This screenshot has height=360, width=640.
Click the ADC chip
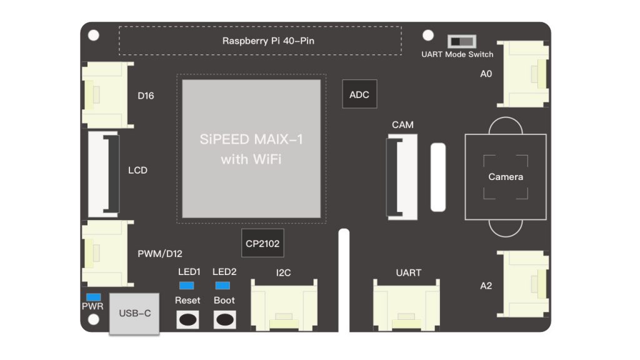[x=359, y=95]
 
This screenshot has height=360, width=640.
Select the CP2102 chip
[x=262, y=244]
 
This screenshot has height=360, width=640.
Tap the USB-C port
[x=134, y=312]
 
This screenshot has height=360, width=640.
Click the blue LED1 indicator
[x=186, y=286]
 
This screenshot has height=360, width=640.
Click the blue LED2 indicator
[x=222, y=286]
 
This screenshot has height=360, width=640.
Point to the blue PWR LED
[x=94, y=296]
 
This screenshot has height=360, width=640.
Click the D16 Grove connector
[x=103, y=95]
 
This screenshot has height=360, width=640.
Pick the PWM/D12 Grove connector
[x=103, y=253]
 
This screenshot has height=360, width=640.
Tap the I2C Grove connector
[x=283, y=305]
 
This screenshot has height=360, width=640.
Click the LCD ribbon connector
[x=104, y=174]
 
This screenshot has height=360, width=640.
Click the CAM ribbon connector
[x=402, y=178]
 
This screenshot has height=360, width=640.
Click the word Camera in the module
[x=506, y=177]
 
